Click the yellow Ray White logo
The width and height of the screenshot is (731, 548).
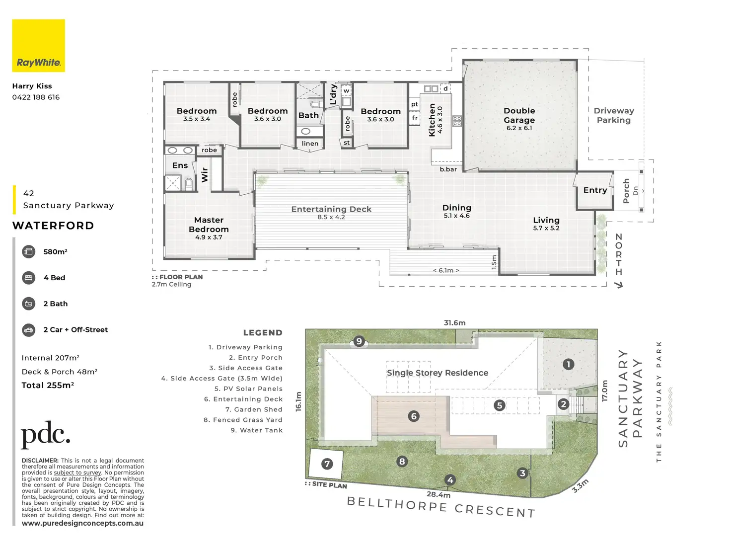point(38,46)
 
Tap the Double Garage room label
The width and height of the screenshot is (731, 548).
point(519,116)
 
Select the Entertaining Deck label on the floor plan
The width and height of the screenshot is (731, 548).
point(331,209)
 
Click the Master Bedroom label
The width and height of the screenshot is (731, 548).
point(209,225)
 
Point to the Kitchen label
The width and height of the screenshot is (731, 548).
point(432,120)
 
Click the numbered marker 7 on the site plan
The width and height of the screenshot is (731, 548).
point(327,464)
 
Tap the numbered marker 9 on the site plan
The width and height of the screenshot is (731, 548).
point(359,341)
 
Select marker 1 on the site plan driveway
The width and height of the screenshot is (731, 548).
point(568,364)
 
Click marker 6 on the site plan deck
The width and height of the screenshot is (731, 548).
point(414,416)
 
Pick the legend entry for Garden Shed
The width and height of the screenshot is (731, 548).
point(254,409)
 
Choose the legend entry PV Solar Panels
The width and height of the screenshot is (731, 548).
point(248,389)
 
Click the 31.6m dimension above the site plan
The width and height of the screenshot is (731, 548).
point(454,323)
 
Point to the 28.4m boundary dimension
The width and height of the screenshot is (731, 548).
point(439,494)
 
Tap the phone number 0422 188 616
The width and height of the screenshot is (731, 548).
point(36,97)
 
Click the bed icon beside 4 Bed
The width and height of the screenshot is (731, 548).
point(29,278)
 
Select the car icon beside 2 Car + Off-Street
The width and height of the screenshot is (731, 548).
point(29,329)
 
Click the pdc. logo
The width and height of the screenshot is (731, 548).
point(45,435)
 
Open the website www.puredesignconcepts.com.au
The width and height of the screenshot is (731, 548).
point(82,523)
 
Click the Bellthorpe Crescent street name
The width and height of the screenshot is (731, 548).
point(441,507)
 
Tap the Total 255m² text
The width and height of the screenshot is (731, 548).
point(48,385)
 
